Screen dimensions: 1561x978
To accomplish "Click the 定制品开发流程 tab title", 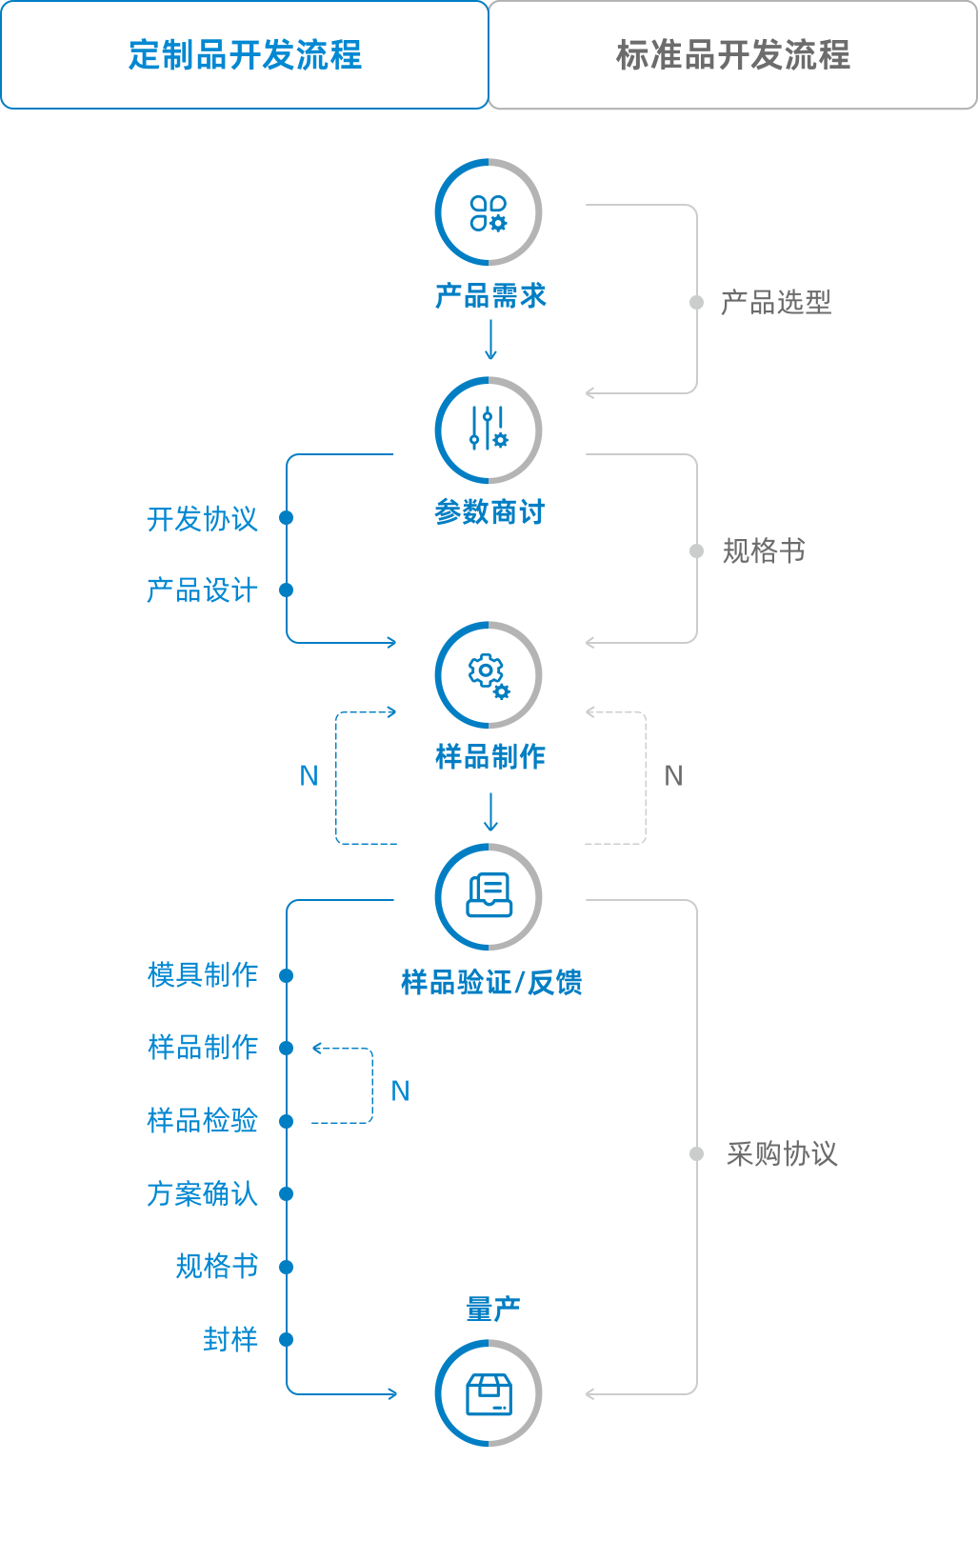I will (245, 55).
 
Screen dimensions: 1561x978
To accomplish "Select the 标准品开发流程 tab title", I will (732, 55).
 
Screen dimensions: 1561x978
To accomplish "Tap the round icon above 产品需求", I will (489, 212).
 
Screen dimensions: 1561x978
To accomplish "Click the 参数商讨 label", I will (489, 511).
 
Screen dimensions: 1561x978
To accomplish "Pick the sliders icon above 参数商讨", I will (489, 430).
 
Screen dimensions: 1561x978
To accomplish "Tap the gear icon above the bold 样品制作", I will (489, 675).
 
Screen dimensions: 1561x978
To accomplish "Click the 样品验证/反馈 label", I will (491, 982).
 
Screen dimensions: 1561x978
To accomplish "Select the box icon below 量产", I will (489, 1393).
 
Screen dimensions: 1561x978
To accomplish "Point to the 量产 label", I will (492, 1310).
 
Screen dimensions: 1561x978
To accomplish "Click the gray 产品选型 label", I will (776, 303).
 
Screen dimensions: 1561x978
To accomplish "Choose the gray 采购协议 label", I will (782, 1154).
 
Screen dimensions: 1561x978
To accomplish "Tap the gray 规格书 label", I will (764, 551).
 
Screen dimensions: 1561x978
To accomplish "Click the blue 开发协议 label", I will (202, 519).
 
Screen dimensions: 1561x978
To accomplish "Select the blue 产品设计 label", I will (202, 590).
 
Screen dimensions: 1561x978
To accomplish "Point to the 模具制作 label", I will (203, 975).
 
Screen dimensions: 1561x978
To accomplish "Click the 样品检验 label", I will (202, 1121).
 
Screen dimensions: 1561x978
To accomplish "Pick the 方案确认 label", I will (202, 1194).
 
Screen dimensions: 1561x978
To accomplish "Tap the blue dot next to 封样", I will (286, 1340).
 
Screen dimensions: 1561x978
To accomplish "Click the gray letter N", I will (673, 776).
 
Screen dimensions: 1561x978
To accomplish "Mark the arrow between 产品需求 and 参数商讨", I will (490, 340).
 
